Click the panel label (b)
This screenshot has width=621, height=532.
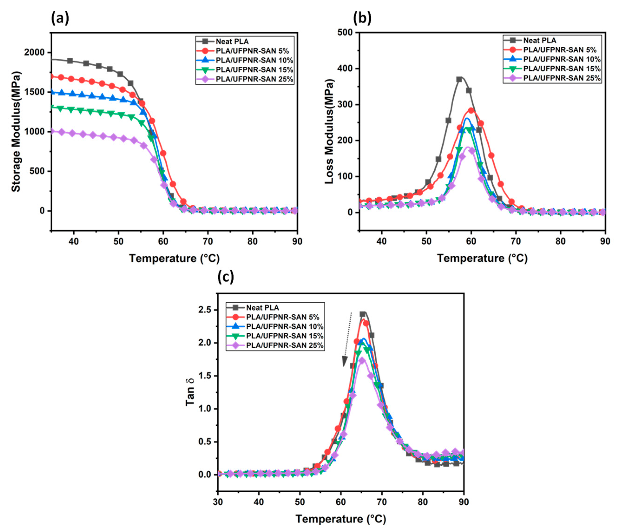point(362,19)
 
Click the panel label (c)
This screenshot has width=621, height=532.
point(225,277)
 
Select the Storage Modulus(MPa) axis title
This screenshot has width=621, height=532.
point(16,132)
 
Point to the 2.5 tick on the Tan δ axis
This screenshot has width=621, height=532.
point(206,310)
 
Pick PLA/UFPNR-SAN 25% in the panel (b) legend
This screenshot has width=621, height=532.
point(562,78)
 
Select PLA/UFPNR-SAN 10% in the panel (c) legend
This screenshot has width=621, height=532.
point(284,326)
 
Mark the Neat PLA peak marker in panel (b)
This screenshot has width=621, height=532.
point(459,79)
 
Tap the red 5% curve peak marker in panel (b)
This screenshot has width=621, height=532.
point(471,110)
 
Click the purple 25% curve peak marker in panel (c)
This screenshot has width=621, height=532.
point(362,361)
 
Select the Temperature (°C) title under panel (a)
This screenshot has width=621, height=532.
point(174,258)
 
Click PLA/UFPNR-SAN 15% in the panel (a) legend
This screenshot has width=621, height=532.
point(254,70)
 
